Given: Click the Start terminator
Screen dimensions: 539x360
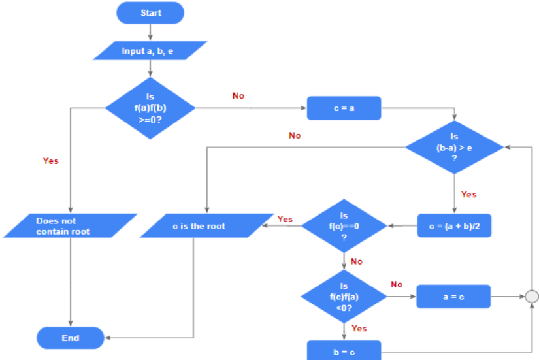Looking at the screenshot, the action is pos(150,12).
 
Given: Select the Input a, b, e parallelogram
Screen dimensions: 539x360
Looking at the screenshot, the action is pos(150,50).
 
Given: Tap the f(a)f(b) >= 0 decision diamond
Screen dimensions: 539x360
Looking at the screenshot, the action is pos(150,108).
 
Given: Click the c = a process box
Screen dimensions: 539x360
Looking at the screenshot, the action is pos(344,108).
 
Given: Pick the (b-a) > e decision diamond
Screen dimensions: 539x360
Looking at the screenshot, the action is pos(454,147).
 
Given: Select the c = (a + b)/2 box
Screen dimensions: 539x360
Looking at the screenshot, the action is pos(454,226).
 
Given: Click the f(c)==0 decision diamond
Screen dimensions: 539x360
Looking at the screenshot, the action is pos(344,226).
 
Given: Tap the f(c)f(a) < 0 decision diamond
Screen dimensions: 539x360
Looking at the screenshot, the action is pos(344,297).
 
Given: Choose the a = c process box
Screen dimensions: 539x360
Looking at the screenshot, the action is pos(453,297).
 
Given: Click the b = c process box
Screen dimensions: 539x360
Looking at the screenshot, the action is pos(344,350).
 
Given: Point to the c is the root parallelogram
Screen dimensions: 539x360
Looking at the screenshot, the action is pos(206,226).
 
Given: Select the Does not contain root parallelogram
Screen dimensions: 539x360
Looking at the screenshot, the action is pos(70,226).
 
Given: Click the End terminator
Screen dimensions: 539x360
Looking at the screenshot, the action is pos(70,338).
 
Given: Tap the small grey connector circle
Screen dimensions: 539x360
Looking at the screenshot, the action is pos(532,297).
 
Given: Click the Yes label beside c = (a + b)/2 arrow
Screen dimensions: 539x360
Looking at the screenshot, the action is pos(468,194).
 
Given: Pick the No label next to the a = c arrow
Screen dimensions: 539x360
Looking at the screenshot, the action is pos(397,284).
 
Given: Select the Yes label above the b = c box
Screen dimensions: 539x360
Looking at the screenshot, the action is pos(359,329).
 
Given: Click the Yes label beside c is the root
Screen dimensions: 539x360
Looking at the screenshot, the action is pos(285,219).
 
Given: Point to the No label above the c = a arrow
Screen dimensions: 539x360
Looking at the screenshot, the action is pos(238,95).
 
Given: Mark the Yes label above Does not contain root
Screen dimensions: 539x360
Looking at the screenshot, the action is pos(50,161).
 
